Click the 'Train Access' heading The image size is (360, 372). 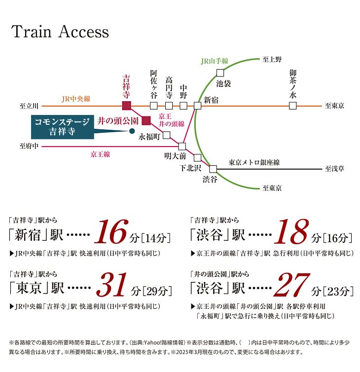[60, 32]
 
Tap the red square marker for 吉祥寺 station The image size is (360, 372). [127, 106]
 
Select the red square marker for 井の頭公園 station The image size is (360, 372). [146, 120]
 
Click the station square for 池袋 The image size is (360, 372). [220, 73]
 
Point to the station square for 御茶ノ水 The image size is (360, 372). [293, 106]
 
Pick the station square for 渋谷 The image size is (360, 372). [213, 169]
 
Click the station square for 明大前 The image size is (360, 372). [182, 147]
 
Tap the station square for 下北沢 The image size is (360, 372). [197, 158]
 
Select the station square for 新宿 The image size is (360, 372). [197, 106]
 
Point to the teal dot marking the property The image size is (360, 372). [132, 131]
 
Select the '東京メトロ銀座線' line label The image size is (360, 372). [254, 162]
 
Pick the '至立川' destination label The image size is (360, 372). [29, 106]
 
